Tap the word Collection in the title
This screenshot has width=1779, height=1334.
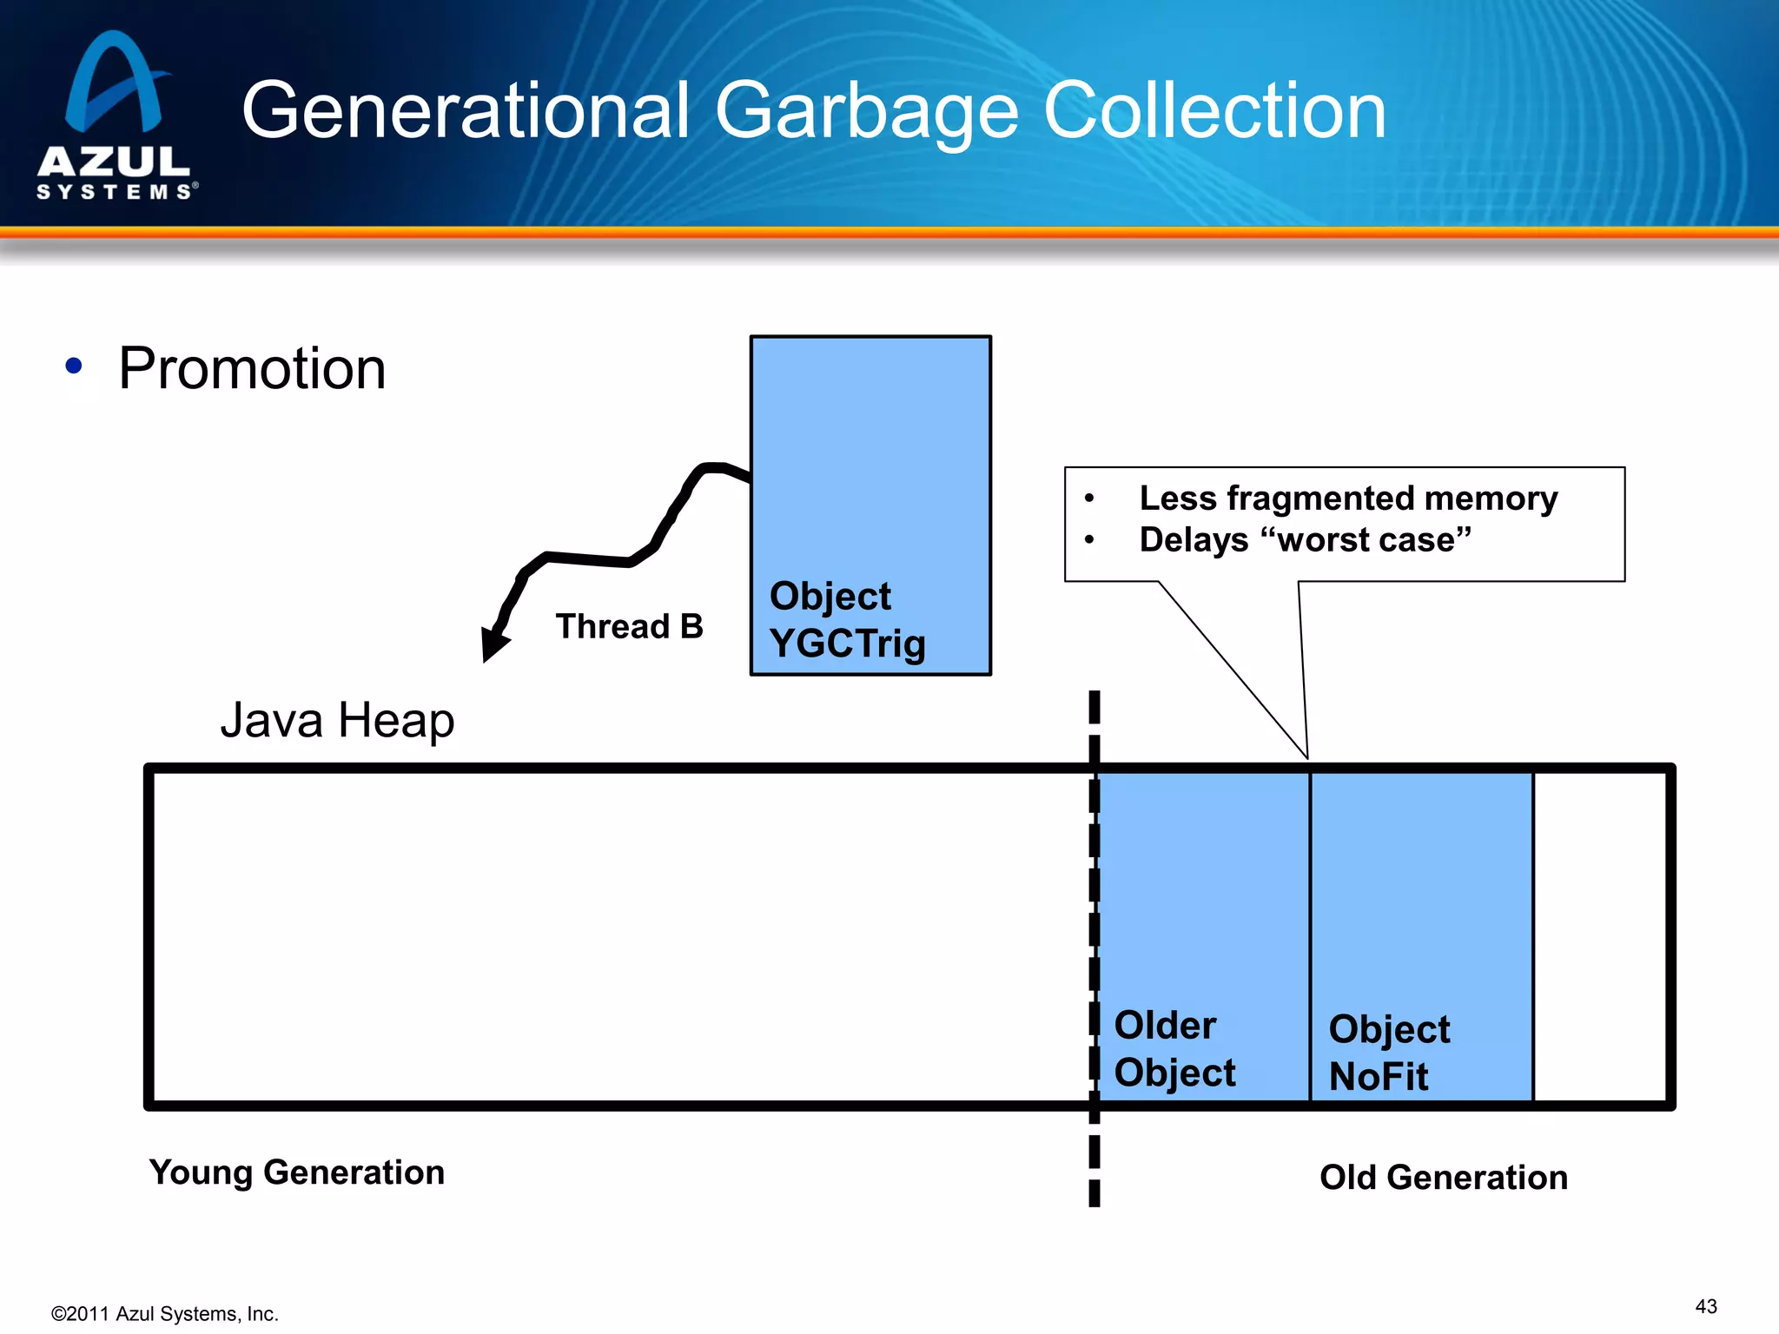pos(1214,111)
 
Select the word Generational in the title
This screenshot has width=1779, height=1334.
pos(465,111)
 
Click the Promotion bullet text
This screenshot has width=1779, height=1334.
pos(252,368)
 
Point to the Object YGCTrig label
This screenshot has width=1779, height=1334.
pos(847,620)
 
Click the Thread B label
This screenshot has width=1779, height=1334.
pos(629,626)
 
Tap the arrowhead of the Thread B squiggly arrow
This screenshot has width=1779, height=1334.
pos(493,647)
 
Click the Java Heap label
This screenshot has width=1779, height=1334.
pos(337,720)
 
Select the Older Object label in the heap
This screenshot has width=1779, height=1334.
pos(1174,1048)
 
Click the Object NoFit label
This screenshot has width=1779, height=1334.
pos(1388,1053)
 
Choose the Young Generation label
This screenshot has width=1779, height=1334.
pos(296,1172)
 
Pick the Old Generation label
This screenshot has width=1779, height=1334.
pos(1443,1178)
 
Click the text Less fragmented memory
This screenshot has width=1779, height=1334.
pos(1347,499)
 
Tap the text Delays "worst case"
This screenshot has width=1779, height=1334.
pos(1305,540)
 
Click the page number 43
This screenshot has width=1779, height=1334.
pos(1705,1306)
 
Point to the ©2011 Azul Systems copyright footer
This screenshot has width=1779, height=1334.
pos(165,1314)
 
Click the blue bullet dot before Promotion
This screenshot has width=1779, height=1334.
pos(74,367)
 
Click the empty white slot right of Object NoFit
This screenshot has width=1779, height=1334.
pos(1600,936)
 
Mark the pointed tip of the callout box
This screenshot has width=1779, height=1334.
pos(1306,756)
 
